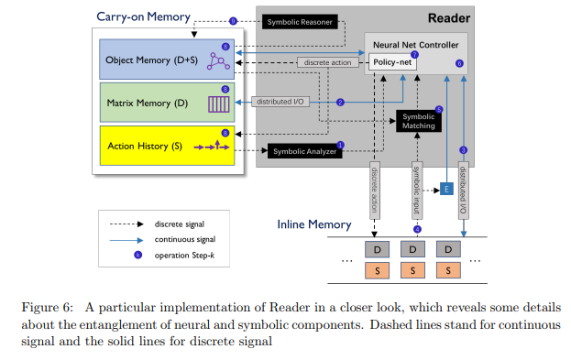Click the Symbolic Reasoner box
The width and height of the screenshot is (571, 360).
pos(300,21)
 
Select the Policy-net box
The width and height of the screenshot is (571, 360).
pos(390,62)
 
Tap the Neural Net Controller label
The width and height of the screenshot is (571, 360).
pos(416,43)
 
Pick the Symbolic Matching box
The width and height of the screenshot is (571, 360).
pos(421,120)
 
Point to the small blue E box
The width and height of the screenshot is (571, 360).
pos(447,188)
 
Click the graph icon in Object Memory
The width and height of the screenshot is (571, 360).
pos(218,61)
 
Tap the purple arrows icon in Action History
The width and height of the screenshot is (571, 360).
pos(210,146)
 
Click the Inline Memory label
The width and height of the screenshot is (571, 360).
pos(314,224)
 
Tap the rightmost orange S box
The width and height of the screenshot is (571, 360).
pos(449,271)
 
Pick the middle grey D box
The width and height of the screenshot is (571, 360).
pos(413,248)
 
